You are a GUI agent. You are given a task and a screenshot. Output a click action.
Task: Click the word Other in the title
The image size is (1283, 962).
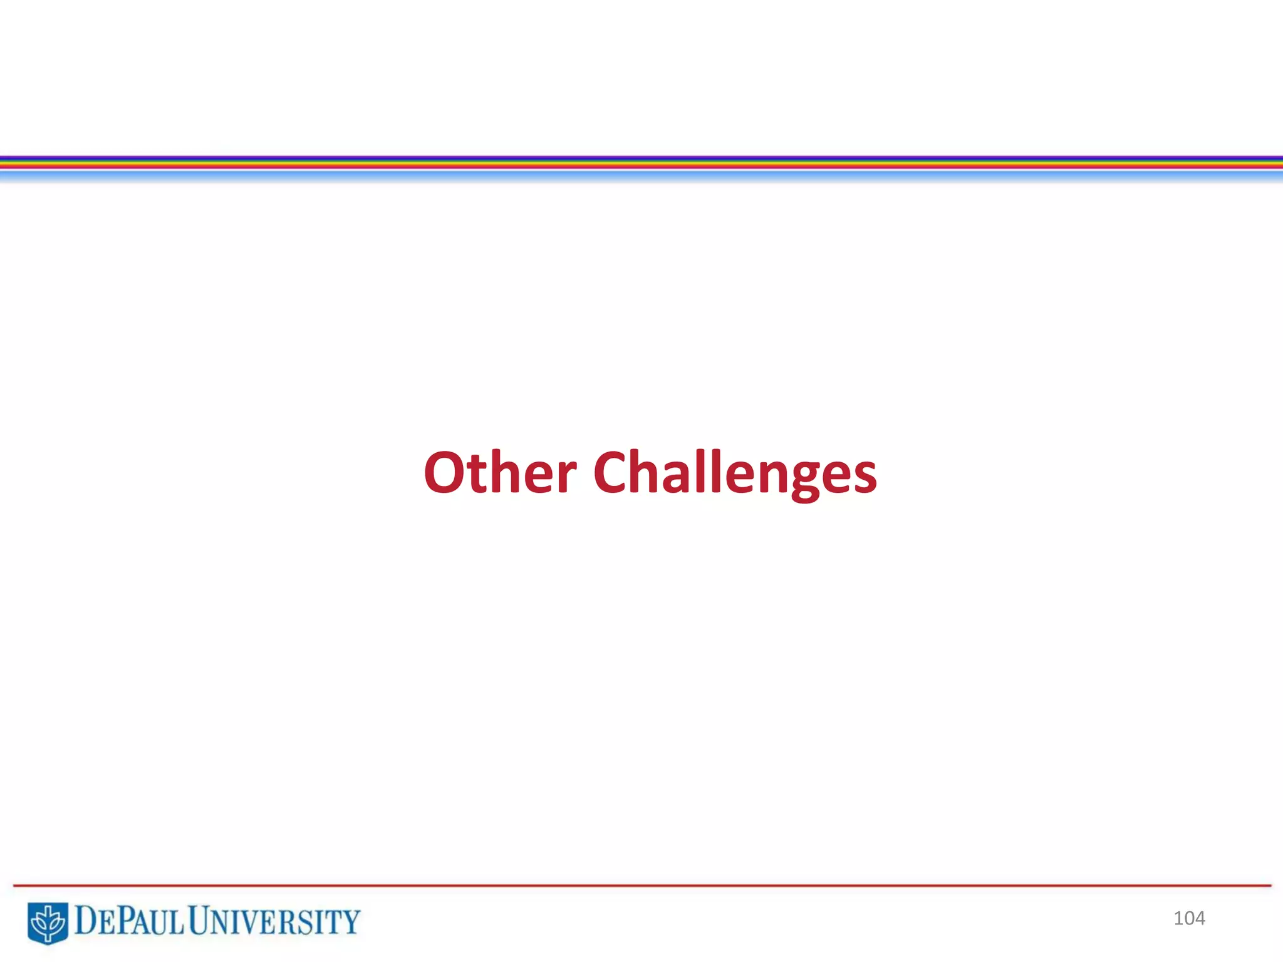500,473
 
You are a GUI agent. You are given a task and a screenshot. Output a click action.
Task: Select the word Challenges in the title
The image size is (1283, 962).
735,474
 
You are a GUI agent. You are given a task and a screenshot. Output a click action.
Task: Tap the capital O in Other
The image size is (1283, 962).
447,473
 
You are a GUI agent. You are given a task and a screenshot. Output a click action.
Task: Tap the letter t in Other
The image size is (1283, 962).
482,474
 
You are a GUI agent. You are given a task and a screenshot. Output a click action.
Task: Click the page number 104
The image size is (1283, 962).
1189,918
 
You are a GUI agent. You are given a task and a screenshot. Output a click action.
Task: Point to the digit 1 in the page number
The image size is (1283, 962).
1178,918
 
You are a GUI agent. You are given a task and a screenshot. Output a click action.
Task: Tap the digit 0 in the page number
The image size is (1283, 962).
1188,918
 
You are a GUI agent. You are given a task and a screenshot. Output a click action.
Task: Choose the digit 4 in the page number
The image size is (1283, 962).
1199,918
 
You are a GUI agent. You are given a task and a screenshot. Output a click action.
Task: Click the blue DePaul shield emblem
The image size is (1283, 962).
48,922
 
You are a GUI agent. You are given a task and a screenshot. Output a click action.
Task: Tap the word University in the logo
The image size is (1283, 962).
274,922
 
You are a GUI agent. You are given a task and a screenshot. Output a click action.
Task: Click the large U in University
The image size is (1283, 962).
200,921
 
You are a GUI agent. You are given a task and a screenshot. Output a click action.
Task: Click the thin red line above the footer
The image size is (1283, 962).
641,886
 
